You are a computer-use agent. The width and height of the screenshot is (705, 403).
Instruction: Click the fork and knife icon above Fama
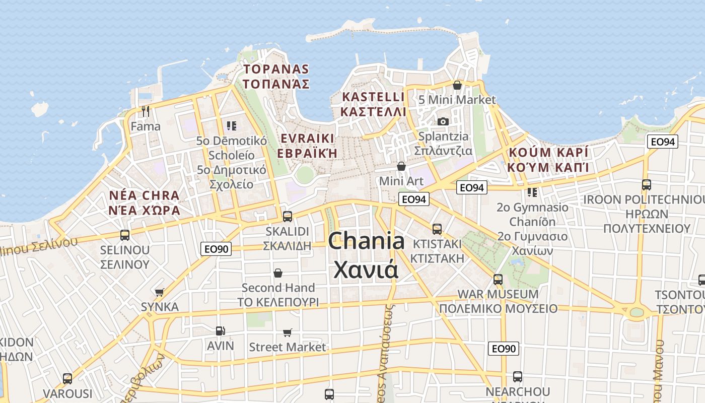tap(146, 111)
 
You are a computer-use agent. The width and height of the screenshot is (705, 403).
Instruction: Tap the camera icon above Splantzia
tap(443, 121)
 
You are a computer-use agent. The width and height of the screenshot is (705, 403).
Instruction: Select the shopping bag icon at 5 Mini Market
tap(457, 85)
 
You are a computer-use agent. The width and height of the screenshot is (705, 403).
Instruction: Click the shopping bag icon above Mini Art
tap(401, 166)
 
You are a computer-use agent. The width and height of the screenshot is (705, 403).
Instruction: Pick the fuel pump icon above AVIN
tap(220, 331)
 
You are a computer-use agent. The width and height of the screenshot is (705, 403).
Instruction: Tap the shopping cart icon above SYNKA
tap(160, 292)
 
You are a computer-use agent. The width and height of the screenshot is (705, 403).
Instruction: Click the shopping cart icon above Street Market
tap(287, 332)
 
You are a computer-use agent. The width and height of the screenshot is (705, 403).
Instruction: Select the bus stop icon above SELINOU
tap(124, 235)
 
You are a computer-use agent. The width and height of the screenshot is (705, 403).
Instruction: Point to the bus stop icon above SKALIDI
tap(288, 217)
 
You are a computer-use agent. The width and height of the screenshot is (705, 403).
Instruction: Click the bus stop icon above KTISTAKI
tap(437, 229)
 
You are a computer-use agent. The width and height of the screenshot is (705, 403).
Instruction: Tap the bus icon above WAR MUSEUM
tap(498, 279)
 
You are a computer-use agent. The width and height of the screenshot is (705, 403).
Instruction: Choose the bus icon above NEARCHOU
tap(517, 376)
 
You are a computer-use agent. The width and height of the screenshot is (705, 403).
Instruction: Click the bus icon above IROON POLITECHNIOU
tap(647, 185)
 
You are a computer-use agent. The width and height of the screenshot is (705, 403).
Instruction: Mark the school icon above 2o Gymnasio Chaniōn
tap(532, 192)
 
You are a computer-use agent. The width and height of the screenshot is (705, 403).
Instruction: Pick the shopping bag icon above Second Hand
tap(278, 273)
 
